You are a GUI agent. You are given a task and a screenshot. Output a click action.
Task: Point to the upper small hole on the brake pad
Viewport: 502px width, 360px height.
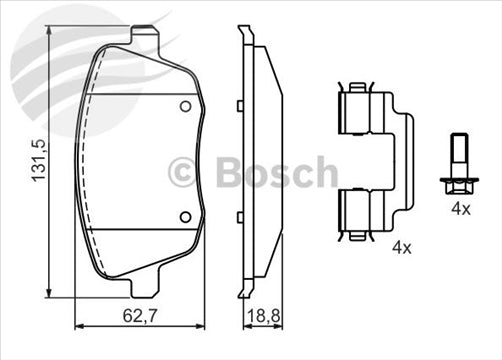184,108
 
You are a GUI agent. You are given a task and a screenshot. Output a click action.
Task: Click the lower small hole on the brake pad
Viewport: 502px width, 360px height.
184,216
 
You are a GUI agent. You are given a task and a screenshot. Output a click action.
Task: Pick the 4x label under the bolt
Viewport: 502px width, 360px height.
460,210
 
